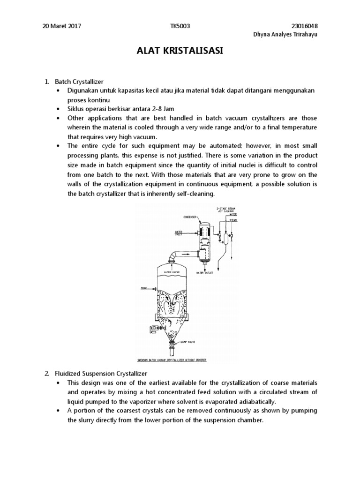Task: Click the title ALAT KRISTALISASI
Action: (180, 51)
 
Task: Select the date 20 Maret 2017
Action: (62, 26)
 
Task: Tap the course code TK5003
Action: (180, 26)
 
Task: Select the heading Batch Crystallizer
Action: (78, 82)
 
